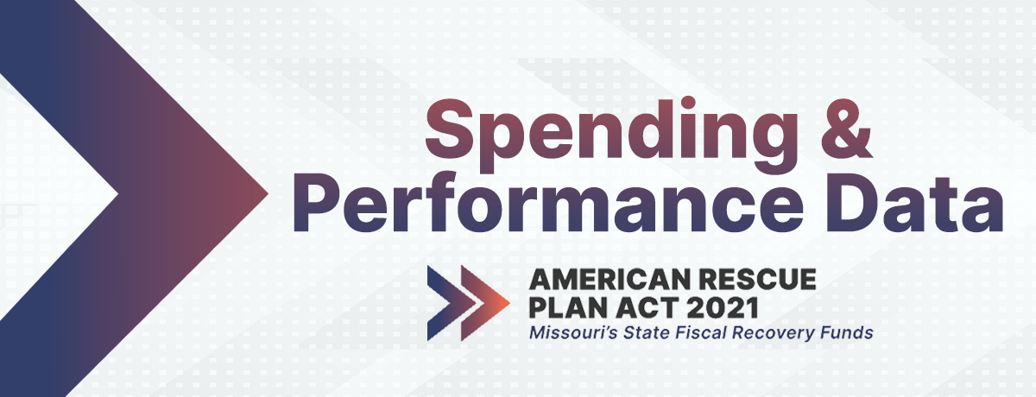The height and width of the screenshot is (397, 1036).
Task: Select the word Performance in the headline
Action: (548, 204)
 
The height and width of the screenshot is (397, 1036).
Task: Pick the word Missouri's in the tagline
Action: (573, 333)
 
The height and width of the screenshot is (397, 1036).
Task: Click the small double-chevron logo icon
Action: (469, 303)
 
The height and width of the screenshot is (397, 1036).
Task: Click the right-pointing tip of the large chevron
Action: (268, 192)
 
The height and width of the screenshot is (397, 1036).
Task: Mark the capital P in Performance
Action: (317, 204)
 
